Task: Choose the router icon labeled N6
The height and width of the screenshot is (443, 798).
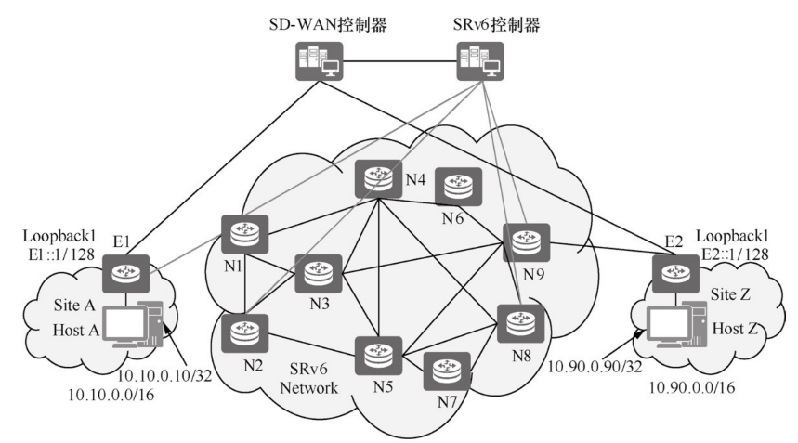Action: click(x=455, y=188)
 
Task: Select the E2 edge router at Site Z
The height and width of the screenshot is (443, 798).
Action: click(x=672, y=271)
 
